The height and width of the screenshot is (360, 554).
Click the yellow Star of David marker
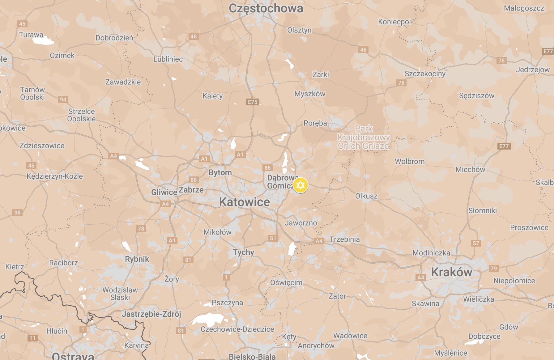click(x=300, y=185)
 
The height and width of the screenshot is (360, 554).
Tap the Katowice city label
click(x=244, y=202)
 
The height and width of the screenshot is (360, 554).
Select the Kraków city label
click(x=451, y=272)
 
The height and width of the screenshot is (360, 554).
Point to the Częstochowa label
click(x=266, y=8)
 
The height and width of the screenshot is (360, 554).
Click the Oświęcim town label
click(x=286, y=282)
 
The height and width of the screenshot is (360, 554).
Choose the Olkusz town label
click(x=366, y=196)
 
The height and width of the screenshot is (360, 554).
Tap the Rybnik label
click(x=137, y=259)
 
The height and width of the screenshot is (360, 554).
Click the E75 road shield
click(x=253, y=102)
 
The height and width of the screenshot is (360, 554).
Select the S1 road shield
click(x=273, y=238)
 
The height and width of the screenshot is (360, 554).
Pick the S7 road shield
click(x=476, y=243)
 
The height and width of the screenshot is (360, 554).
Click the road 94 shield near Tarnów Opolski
click(x=63, y=100)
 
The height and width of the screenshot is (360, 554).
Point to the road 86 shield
click(x=267, y=168)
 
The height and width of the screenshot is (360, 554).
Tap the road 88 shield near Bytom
click(x=194, y=180)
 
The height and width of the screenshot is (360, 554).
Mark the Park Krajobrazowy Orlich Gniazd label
click(x=364, y=137)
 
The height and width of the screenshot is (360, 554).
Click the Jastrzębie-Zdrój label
click(x=151, y=314)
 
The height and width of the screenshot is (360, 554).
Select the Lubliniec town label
click(x=168, y=59)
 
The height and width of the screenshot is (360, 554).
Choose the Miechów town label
click(x=470, y=169)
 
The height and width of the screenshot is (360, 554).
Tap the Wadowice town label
click(x=350, y=336)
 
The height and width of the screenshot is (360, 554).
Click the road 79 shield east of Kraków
click(x=494, y=268)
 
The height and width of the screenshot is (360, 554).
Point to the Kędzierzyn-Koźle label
click(x=55, y=176)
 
